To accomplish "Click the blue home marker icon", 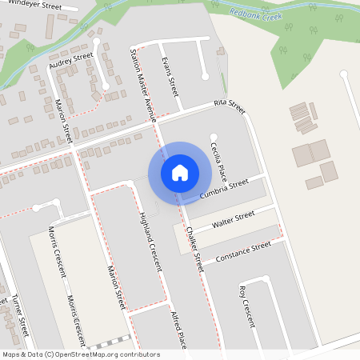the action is coord(180,172).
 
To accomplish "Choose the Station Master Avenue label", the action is coord(141,81).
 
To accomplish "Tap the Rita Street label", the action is coord(229,105).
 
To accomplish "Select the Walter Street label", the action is coord(233,219).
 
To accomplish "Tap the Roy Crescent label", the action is coord(246,306).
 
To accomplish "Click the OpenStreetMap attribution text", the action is coord(81,354).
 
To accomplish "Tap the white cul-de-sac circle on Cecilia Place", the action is coord(213,136).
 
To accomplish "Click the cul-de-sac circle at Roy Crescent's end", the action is coord(265,279).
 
